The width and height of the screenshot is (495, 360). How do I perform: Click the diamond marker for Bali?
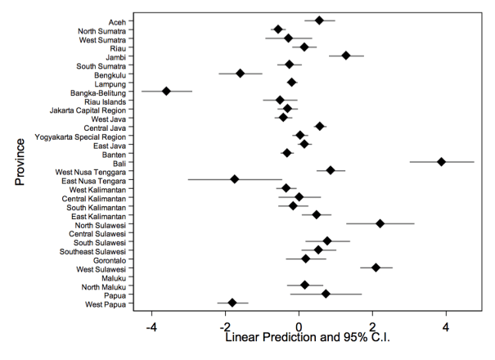pos(441,162)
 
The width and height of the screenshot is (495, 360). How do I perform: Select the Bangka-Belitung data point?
pos(166,91)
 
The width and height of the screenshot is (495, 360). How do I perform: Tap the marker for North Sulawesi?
pos(380,223)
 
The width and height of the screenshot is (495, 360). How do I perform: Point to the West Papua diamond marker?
pos(232,303)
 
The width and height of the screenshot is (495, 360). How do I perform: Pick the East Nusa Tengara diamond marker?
pos(235,178)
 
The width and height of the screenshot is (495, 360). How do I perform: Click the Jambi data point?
pos(346,56)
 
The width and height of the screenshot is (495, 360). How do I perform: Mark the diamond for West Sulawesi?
pos(376,268)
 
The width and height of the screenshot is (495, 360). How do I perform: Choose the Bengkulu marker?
pos(241,73)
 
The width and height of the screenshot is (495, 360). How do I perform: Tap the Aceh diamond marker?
pos(319,20)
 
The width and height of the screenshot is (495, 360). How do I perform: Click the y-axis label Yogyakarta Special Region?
pos(80,136)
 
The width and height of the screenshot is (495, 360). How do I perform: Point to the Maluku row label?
pos(112,277)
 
